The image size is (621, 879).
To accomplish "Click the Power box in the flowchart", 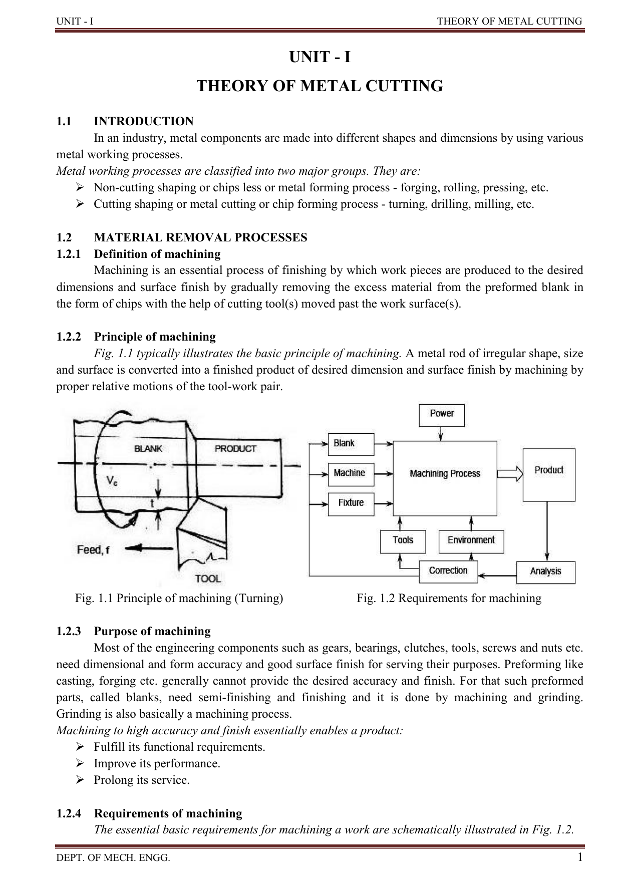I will coord(441,415).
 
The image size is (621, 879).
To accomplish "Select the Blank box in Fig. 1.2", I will coord(351,444).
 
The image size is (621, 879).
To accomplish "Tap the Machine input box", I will coord(351,473).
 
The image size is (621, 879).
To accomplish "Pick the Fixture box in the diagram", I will coord(351,503).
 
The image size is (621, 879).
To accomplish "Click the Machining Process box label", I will coord(445,474).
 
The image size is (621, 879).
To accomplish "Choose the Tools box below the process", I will coord(403,541).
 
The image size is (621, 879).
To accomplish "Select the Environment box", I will coord(471,541).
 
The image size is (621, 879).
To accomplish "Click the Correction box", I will coord(448,571).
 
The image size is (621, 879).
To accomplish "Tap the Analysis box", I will coord(545,571).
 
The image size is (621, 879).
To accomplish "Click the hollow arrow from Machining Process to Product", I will coord(510,473).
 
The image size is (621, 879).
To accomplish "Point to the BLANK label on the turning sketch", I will coord(148,449).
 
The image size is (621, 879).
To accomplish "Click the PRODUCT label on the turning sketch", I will coord(235,449).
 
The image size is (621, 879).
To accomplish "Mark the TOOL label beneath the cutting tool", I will coord(208,578).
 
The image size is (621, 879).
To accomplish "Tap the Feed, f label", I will coord(93,550).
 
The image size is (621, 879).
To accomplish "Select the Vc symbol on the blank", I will coord(113,481).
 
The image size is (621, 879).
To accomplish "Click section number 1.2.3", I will coord(69,631).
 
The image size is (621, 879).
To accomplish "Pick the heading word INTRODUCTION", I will coord(144,121).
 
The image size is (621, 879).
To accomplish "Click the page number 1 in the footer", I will coord(580,857).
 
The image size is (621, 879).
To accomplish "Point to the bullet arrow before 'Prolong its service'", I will coord(79,780).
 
